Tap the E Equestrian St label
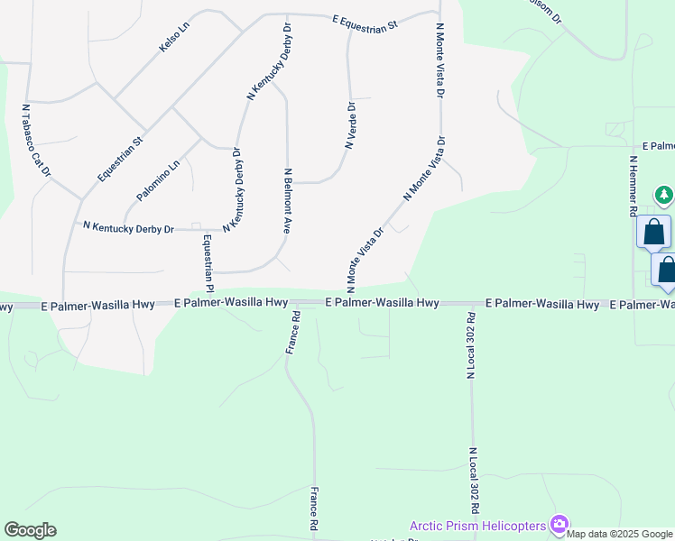click(x=365, y=23)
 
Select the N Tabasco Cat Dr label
click(x=37, y=140)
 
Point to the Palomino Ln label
click(x=158, y=180)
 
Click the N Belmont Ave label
click(x=288, y=201)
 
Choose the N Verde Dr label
click(x=350, y=124)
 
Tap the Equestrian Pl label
click(x=208, y=263)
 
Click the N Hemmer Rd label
click(x=633, y=186)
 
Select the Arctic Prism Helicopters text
click(x=478, y=526)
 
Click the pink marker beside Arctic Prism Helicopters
click(x=559, y=524)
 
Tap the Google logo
click(x=30, y=530)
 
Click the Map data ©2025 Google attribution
click(x=620, y=534)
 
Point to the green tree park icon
click(x=664, y=194)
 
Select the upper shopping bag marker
click(x=653, y=233)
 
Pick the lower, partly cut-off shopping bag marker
click(x=666, y=270)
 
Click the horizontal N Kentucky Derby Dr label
click(x=128, y=228)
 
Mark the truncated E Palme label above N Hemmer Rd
click(x=658, y=146)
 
